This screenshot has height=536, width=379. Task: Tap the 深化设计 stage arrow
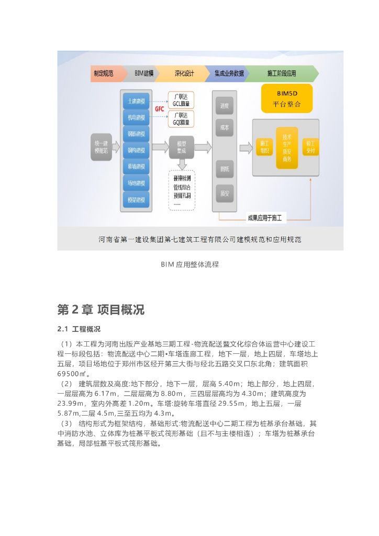click(183, 74)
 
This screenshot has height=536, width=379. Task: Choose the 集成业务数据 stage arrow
click(228, 74)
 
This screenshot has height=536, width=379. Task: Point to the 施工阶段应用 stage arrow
click(281, 74)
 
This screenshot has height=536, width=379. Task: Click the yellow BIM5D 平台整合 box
click(287, 98)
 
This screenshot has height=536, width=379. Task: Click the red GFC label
click(160, 109)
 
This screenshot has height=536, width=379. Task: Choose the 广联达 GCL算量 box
click(181, 100)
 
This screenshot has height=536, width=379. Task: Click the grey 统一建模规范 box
click(101, 147)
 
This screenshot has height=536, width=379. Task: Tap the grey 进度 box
click(225, 106)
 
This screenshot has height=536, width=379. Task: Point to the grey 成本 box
click(225, 128)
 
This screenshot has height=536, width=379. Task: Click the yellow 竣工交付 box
click(310, 147)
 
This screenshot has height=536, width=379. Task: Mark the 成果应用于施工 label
click(264, 217)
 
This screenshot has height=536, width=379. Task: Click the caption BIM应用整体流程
click(189, 264)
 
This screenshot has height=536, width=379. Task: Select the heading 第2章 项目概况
click(101, 309)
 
